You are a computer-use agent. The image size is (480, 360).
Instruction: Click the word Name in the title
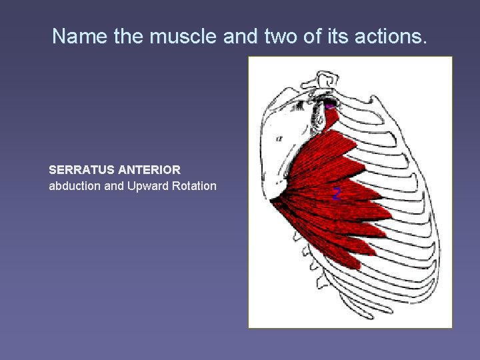75,36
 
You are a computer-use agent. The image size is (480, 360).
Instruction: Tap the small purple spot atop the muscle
330,105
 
